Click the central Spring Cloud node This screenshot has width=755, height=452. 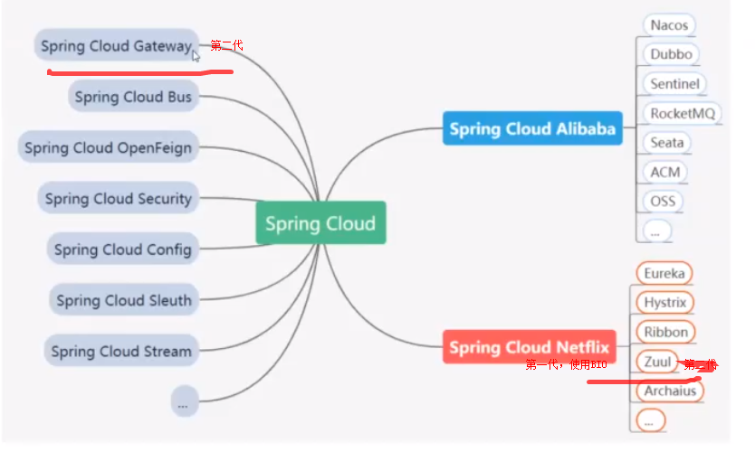click(320, 223)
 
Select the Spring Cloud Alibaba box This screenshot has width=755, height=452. click(532, 128)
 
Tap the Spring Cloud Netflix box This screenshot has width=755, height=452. click(529, 347)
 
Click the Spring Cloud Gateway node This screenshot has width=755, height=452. click(117, 46)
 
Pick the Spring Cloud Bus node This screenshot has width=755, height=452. click(133, 97)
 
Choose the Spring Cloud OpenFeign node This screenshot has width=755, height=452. click(108, 147)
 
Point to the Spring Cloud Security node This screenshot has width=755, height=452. click(118, 198)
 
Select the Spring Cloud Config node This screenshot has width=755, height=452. click(122, 250)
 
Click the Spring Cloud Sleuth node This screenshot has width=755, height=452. click(124, 300)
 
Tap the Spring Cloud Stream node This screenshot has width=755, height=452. click(121, 351)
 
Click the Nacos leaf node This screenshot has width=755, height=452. click(669, 25)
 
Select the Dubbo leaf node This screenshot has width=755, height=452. click(671, 54)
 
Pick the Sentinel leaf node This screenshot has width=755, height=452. click(674, 84)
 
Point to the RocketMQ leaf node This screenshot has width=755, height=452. click(683, 113)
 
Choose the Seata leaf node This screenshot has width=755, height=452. click(667, 143)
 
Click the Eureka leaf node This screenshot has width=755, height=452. click(664, 273)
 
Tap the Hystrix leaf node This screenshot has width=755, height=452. click(665, 302)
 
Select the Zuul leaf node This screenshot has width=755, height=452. click(657, 362)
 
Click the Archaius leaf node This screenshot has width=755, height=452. click(670, 391)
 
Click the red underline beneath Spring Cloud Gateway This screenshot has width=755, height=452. click(140, 72)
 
